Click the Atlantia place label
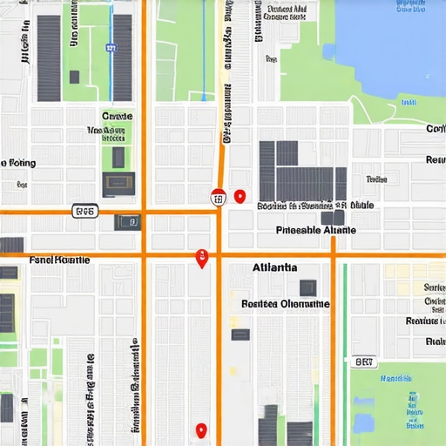(x=274, y=267)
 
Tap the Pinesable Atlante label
(x=315, y=231)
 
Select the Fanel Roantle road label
(x=59, y=260)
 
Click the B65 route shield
(x=85, y=211)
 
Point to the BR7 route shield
(x=365, y=360)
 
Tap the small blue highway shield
(x=111, y=49)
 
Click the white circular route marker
(x=218, y=199)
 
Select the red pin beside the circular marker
(x=240, y=197)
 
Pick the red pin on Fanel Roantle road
(x=202, y=257)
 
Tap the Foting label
(x=19, y=163)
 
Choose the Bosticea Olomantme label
(x=286, y=304)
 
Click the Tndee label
(x=376, y=179)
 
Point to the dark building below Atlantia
(x=307, y=287)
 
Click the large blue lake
(x=392, y=44)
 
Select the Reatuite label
(x=426, y=321)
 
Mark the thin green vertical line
(x=344, y=348)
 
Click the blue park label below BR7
(x=396, y=379)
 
